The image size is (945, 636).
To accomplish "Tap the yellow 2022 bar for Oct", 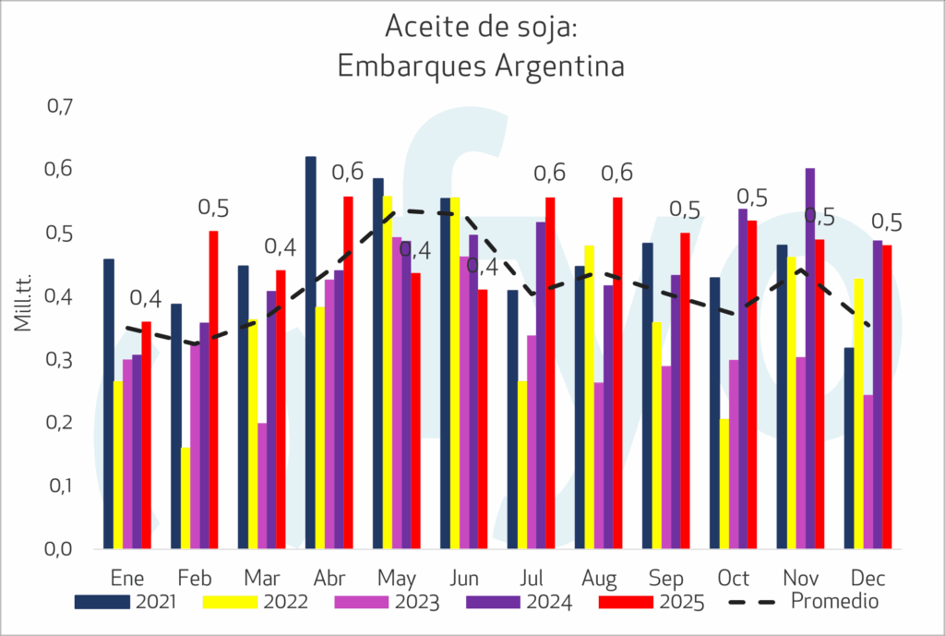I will click(x=724, y=484).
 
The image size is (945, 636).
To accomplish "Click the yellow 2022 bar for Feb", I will click(x=185, y=498).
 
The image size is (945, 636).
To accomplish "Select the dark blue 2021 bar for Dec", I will click(x=849, y=448).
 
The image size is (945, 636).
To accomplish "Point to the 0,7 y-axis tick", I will click(x=59, y=107).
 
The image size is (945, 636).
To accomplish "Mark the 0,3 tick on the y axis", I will click(x=59, y=359).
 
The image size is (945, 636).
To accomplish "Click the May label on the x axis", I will click(x=396, y=579).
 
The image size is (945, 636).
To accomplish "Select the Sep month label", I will click(x=665, y=579).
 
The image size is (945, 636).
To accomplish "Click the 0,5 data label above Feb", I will click(x=215, y=208).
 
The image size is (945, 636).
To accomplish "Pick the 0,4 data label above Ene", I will click(x=146, y=299).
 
